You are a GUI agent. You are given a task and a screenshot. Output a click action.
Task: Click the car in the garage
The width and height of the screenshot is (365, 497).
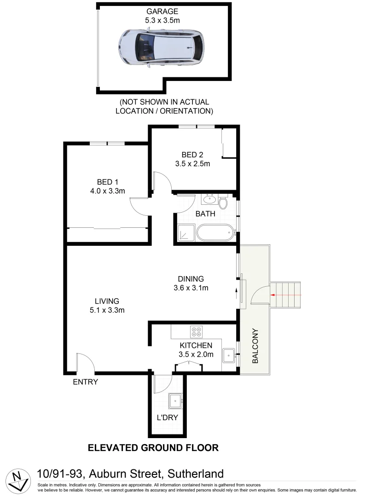[x=161, y=48]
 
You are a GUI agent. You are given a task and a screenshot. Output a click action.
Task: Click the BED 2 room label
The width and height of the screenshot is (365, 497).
[x=192, y=155]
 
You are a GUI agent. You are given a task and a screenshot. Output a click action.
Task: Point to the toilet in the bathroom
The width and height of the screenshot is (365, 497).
[x=223, y=203]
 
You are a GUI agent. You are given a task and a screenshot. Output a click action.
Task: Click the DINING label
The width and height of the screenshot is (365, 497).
[x=191, y=279]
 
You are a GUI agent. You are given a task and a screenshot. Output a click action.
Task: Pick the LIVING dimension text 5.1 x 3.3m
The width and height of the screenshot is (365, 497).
[x=106, y=310]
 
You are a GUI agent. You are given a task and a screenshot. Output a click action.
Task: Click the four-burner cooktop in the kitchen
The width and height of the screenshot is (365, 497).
[x=197, y=332]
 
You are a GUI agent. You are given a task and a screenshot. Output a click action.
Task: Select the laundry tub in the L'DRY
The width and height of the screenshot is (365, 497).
[x=175, y=402]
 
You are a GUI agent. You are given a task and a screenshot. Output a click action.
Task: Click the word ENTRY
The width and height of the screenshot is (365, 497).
[x=86, y=382]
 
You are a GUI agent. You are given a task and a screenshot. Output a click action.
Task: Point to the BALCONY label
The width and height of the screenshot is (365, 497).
[x=255, y=346]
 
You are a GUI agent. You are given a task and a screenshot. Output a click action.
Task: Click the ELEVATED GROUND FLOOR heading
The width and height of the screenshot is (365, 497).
[x=153, y=447]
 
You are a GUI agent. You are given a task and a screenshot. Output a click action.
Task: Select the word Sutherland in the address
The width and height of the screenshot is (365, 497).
[x=193, y=474]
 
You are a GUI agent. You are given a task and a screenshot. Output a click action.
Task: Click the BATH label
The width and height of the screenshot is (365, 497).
[x=205, y=214]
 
